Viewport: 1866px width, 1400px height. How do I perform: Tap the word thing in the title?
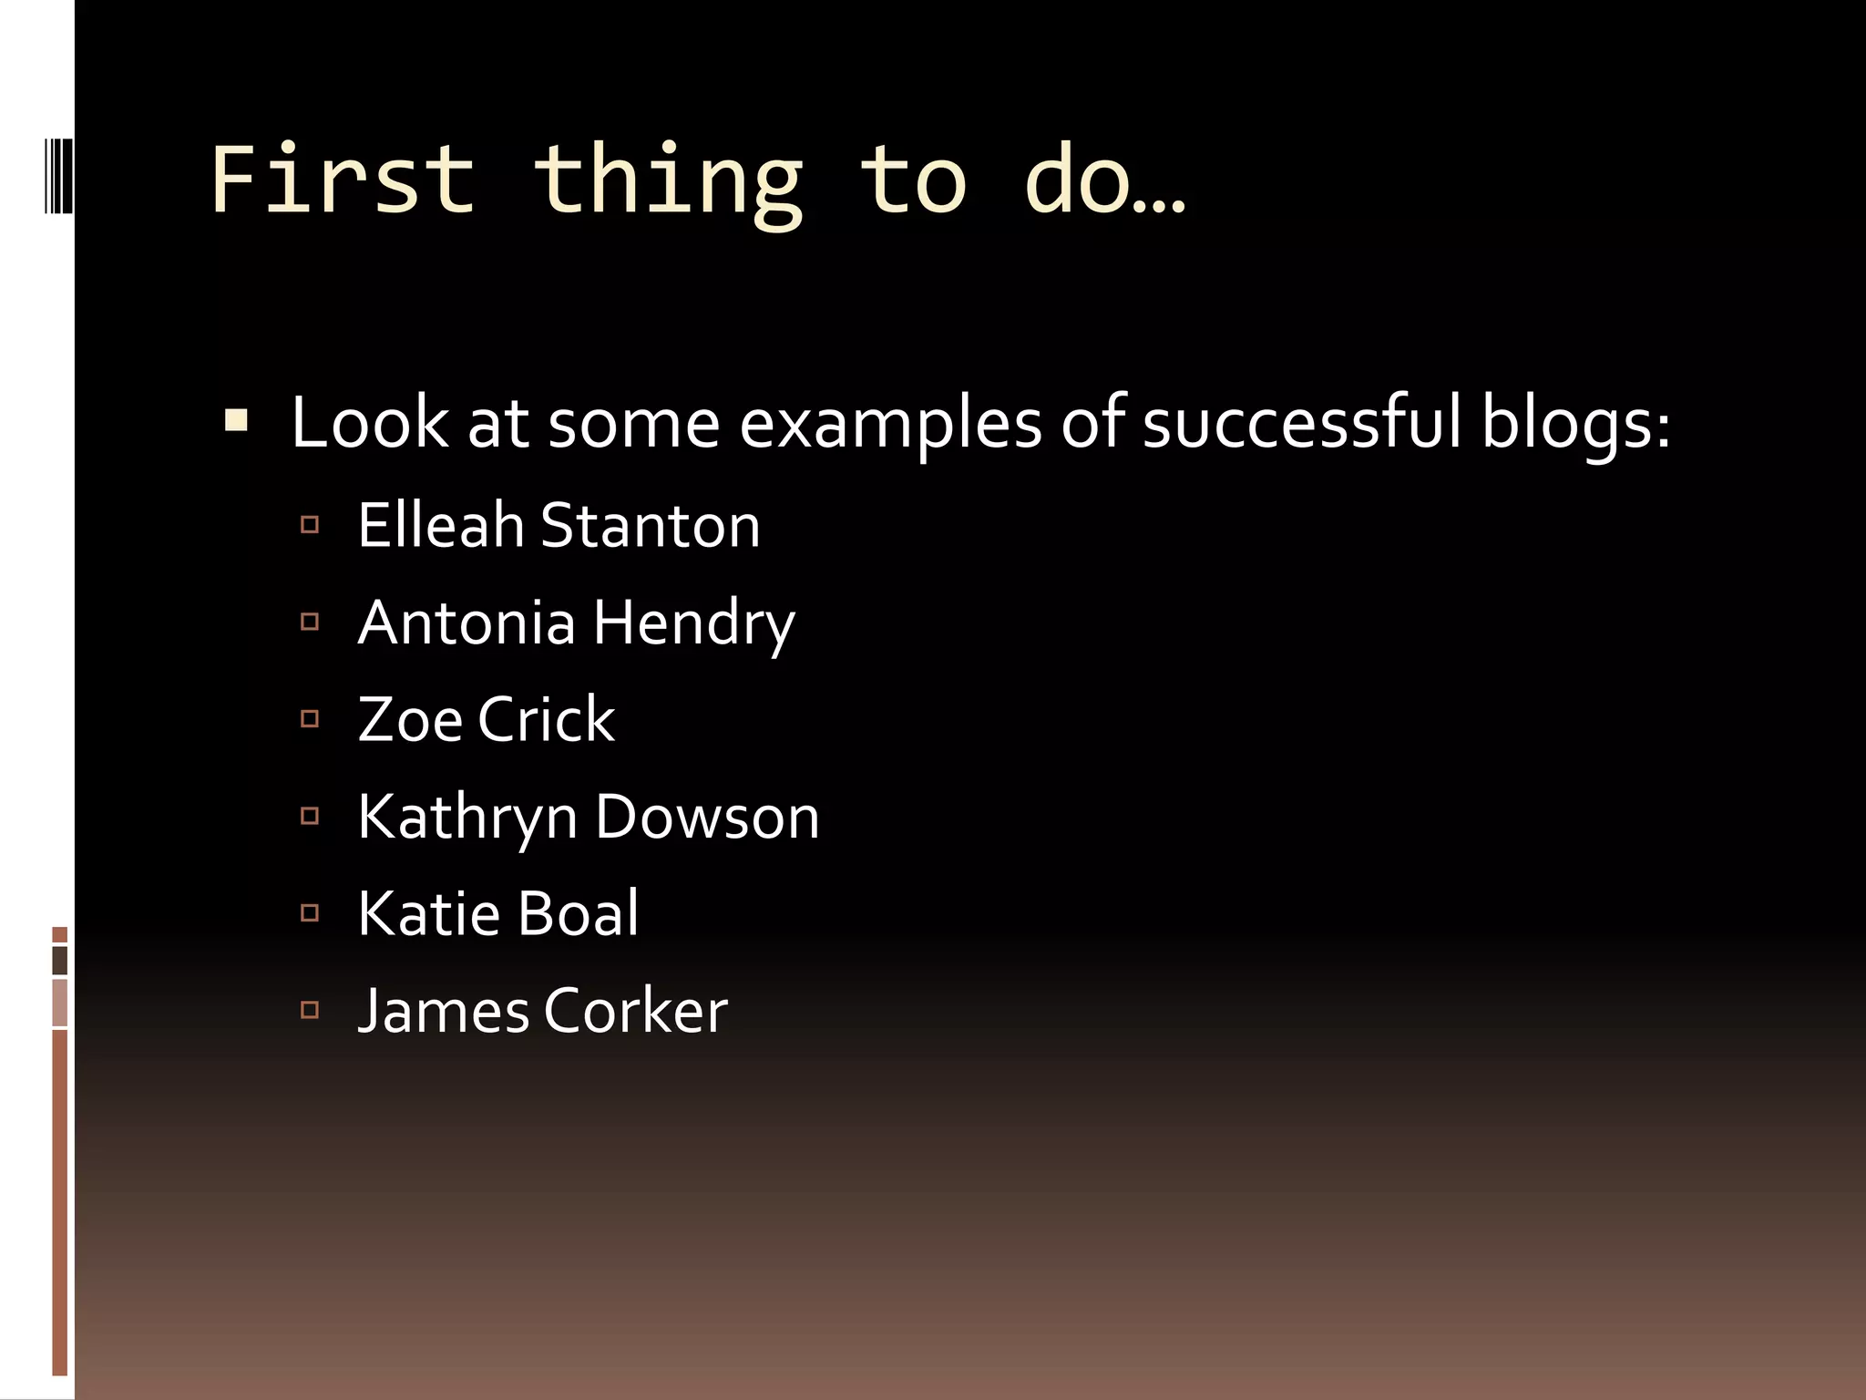tap(668, 182)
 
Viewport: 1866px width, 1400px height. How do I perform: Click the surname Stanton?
tap(651, 526)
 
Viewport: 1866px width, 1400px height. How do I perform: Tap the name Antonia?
tap(466, 623)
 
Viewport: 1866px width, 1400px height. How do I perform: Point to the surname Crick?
tap(546, 720)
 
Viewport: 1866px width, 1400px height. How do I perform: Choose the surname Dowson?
tap(707, 817)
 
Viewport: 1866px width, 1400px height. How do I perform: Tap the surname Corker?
tap(635, 1011)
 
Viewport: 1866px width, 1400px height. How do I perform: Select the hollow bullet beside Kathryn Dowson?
tap(310, 816)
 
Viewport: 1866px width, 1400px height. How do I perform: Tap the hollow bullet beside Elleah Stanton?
tap(310, 524)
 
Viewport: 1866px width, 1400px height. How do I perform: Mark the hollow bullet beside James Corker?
tap(310, 1010)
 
